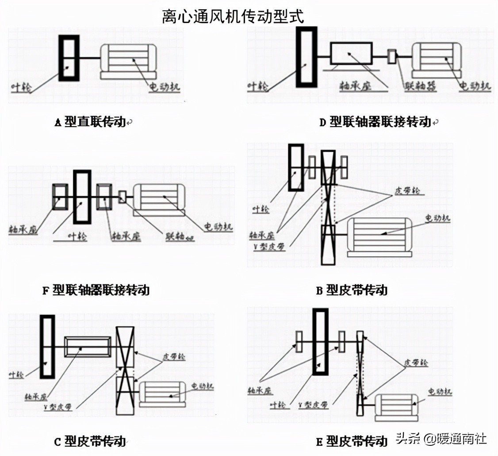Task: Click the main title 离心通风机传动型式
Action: (x=233, y=17)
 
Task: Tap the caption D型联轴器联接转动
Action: (x=375, y=122)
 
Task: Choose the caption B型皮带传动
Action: (x=352, y=290)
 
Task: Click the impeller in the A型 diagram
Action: (x=69, y=58)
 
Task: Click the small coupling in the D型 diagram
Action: (x=391, y=56)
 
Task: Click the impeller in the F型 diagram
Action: (x=82, y=197)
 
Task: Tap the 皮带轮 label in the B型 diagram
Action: (x=405, y=192)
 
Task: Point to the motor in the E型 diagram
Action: (x=395, y=407)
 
